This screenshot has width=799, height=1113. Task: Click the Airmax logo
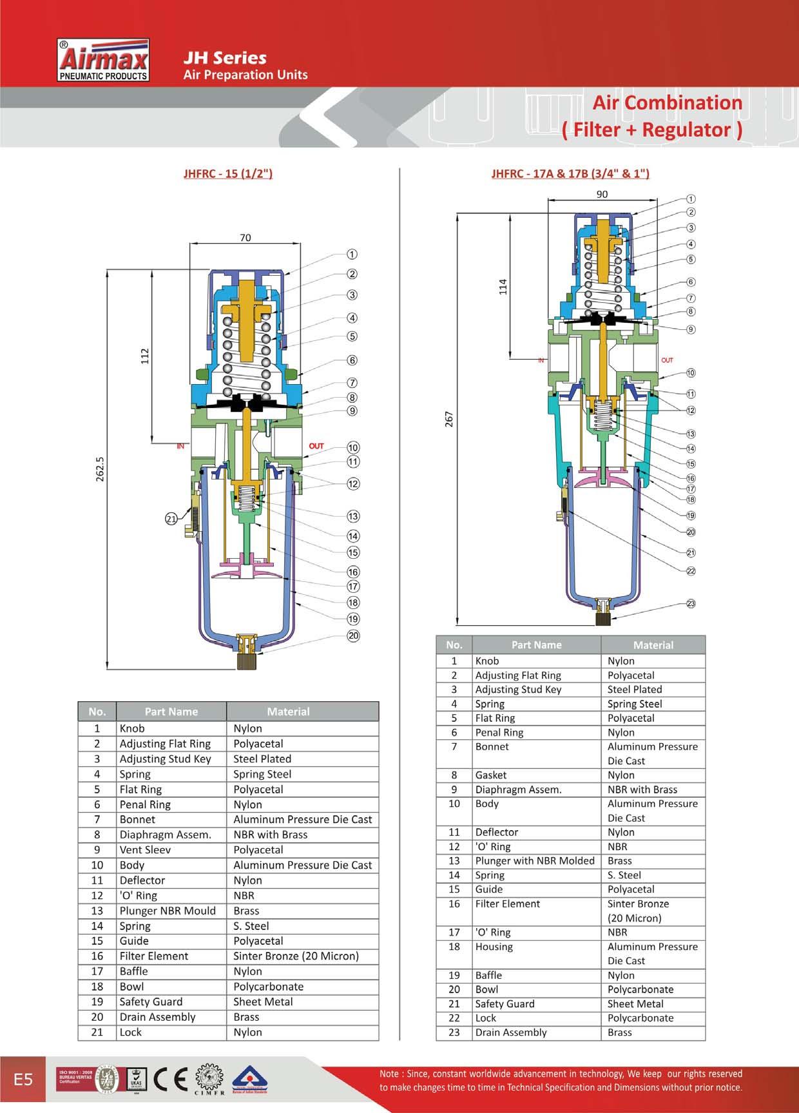[x=104, y=61]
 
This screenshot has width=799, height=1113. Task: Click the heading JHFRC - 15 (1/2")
[x=228, y=173]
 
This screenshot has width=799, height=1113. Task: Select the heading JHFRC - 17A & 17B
[x=570, y=173]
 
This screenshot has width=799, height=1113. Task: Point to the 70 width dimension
[x=245, y=238]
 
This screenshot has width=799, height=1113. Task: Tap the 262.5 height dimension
[x=99, y=469]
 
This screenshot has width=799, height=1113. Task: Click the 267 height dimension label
[x=449, y=419]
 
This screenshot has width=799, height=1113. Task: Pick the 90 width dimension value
[x=601, y=194]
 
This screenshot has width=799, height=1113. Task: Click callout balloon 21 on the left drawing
[x=171, y=518]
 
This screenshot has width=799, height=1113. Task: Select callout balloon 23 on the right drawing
[x=691, y=604]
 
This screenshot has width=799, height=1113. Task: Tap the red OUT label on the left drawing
[x=316, y=446]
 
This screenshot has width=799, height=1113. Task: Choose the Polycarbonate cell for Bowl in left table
[x=268, y=987]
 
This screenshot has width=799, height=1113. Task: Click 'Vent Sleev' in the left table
[x=145, y=850]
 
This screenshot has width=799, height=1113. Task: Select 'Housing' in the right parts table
[x=494, y=947]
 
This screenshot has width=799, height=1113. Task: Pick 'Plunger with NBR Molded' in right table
[x=535, y=861]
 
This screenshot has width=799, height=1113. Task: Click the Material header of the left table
[x=288, y=711]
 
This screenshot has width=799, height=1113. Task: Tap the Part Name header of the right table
[x=536, y=645]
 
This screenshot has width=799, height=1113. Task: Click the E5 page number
[x=23, y=1079]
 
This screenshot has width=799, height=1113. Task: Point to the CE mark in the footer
[x=172, y=1079]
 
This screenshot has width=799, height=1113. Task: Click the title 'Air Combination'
[x=667, y=103]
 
